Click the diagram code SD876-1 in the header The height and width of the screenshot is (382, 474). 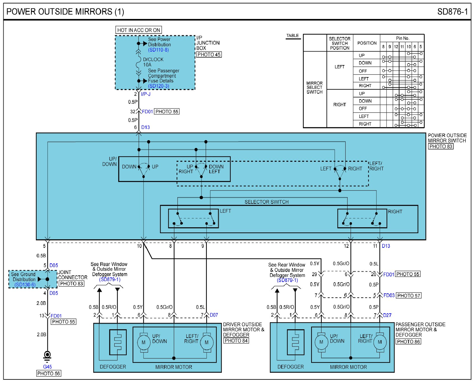pyautogui.click(x=452, y=12)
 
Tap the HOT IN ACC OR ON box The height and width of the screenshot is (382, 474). pyautogui.click(x=138, y=30)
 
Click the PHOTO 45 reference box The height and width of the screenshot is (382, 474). pyautogui.click(x=209, y=55)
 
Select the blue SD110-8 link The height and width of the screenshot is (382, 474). pyautogui.click(x=158, y=50)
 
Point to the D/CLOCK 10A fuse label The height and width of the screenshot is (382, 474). pyautogui.click(x=153, y=62)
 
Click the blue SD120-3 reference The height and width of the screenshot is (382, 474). pyautogui.click(x=159, y=86)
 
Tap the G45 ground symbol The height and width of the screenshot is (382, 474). pyautogui.click(x=47, y=355)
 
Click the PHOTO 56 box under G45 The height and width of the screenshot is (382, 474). pyautogui.click(x=48, y=373)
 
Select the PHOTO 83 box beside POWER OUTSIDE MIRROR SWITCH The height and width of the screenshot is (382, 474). pyautogui.click(x=441, y=146)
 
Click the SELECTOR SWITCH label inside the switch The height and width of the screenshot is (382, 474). pyautogui.click(x=266, y=202)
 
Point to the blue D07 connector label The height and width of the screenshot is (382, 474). pyautogui.click(x=214, y=315)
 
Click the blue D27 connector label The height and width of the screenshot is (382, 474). pyautogui.click(x=387, y=315)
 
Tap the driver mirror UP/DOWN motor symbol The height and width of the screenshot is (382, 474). pyautogui.click(x=144, y=342)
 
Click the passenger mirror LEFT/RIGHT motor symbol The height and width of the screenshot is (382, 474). pyautogui.click(x=380, y=342)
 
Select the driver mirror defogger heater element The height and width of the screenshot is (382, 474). pyautogui.click(x=118, y=342)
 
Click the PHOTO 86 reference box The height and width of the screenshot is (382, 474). pyautogui.click(x=408, y=342)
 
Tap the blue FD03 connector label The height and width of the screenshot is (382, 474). pyautogui.click(x=389, y=295)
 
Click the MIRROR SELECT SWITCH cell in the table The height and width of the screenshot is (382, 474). pyautogui.click(x=315, y=87)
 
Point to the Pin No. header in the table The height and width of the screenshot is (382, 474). pyautogui.click(x=403, y=38)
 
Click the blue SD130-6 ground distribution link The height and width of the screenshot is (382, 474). pyautogui.click(x=25, y=285)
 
